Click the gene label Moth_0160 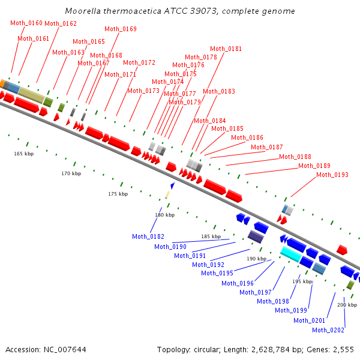[26, 23]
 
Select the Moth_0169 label [121, 29]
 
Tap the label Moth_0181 [226, 49]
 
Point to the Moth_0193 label [332, 175]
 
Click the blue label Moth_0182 [148, 236]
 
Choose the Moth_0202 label [328, 330]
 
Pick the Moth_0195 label [217, 273]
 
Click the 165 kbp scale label [24, 154]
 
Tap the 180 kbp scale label [165, 215]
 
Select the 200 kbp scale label [347, 305]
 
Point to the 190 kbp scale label [257, 259]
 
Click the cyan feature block [291, 254]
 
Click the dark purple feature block [256, 236]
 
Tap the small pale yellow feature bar [167, 195]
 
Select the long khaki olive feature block [31, 95]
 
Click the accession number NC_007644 [65, 350]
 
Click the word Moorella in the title [83, 11]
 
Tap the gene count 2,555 [343, 350]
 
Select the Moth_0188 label [295, 157]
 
